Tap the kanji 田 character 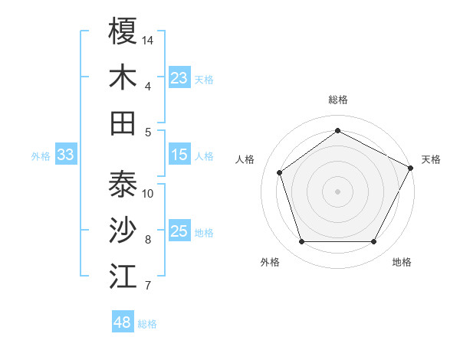(123, 123)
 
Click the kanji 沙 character (123, 230)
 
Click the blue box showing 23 (179, 78)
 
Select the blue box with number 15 (179, 155)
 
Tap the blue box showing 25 (179, 231)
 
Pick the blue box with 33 (65, 155)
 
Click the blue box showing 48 (122, 322)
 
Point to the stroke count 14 (148, 39)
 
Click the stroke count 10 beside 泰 (148, 193)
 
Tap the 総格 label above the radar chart (338, 100)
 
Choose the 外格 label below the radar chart (270, 262)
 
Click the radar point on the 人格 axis (280, 172)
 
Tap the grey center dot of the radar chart (337, 191)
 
